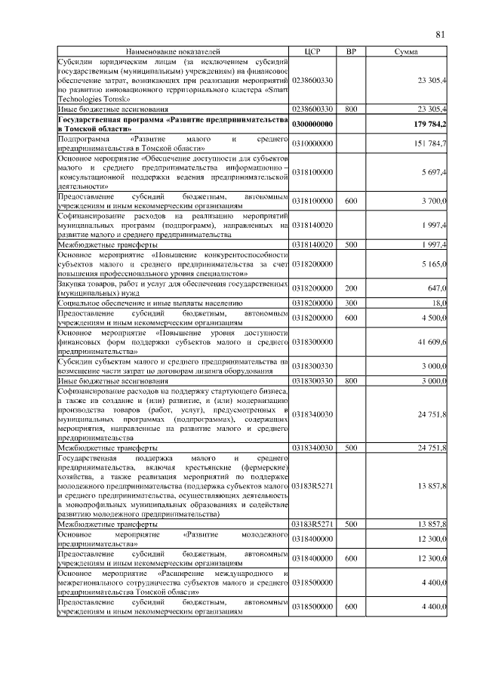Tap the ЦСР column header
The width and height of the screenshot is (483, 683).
coord(312,51)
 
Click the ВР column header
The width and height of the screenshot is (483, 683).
coord(351,51)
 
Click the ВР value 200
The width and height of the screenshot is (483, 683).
coord(351,288)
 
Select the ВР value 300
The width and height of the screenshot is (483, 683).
coord(351,303)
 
